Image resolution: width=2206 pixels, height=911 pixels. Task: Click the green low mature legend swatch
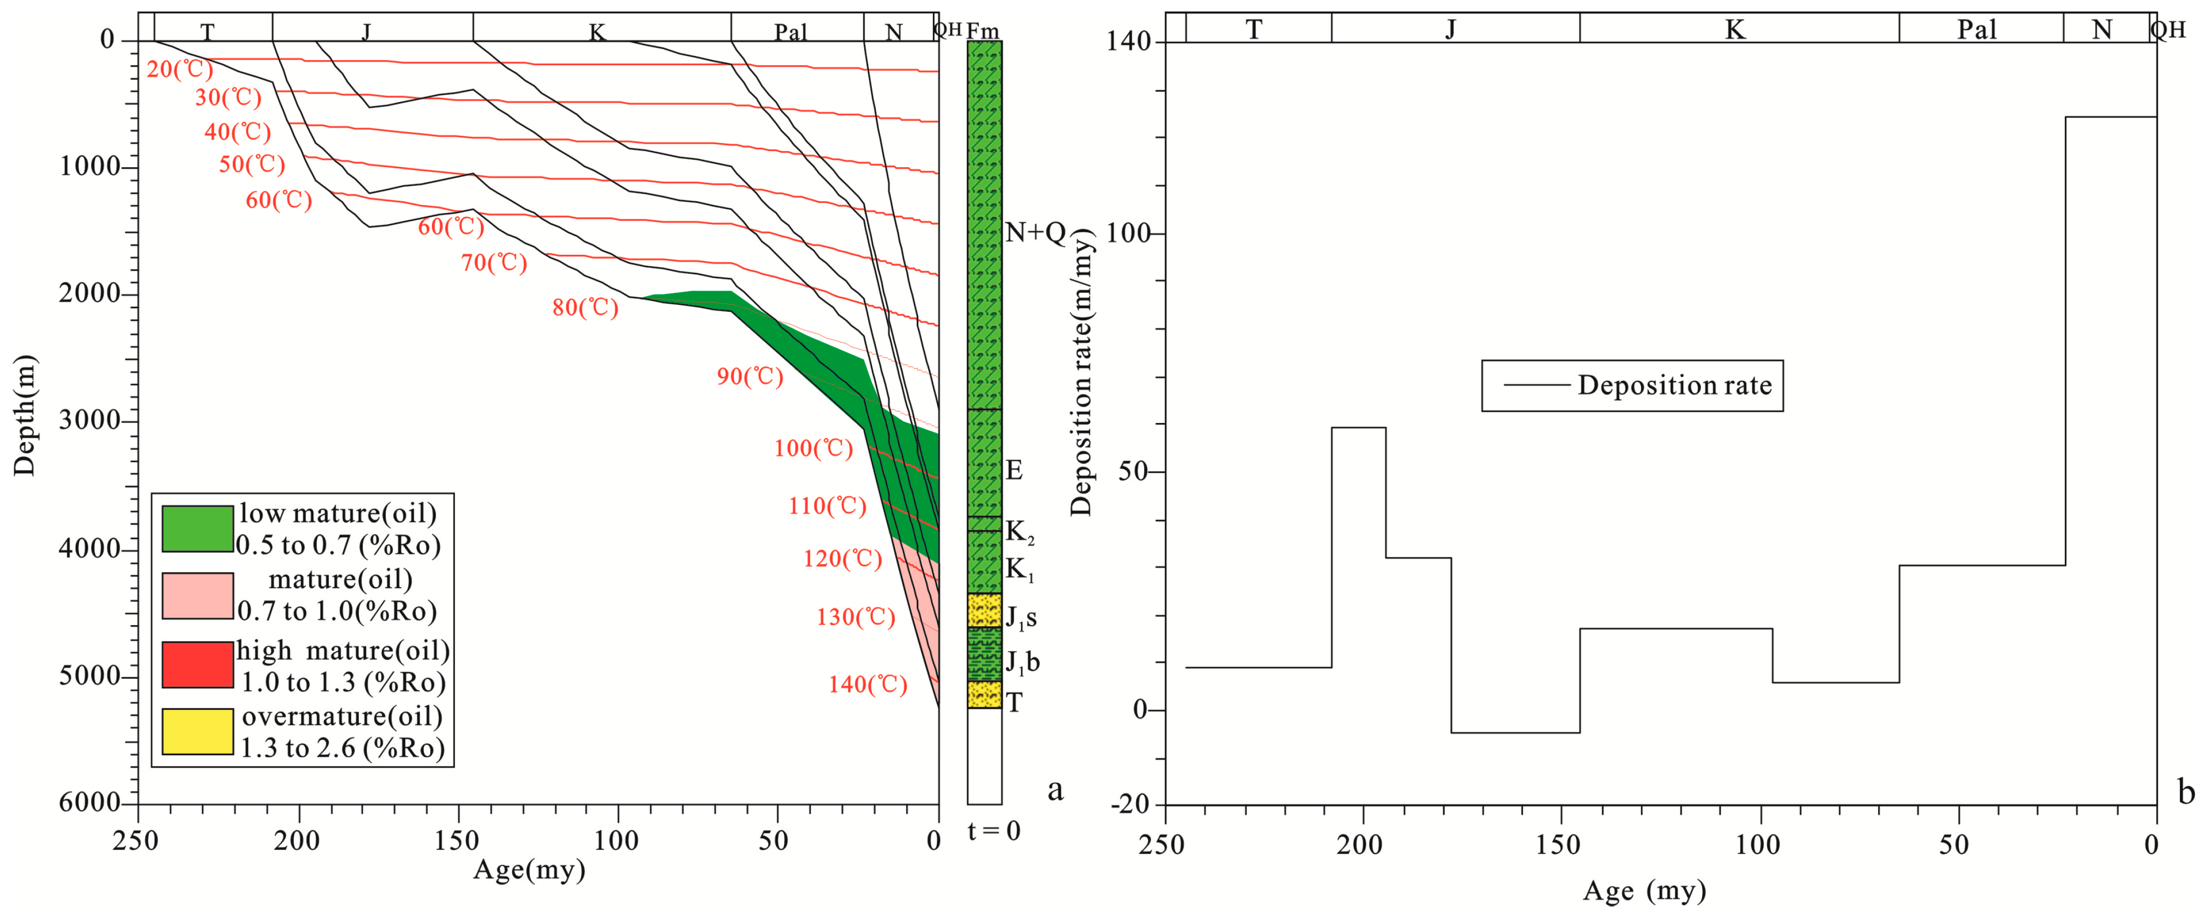click(198, 528)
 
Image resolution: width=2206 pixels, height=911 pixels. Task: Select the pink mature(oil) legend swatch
click(198, 595)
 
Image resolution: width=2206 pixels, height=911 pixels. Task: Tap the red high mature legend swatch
click(198, 664)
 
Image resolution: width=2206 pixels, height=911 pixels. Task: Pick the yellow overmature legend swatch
click(198, 731)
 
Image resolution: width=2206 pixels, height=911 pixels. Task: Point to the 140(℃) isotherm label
click(867, 684)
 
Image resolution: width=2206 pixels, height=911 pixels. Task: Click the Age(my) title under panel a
click(529, 870)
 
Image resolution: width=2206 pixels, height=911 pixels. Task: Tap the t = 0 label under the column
click(993, 830)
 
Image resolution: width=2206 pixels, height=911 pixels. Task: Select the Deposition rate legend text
click(1674, 385)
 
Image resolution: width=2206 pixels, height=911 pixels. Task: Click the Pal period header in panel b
click(1976, 30)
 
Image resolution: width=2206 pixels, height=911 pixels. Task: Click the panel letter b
click(2186, 792)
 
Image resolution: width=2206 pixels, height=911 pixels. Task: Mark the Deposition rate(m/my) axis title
click(1081, 372)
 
